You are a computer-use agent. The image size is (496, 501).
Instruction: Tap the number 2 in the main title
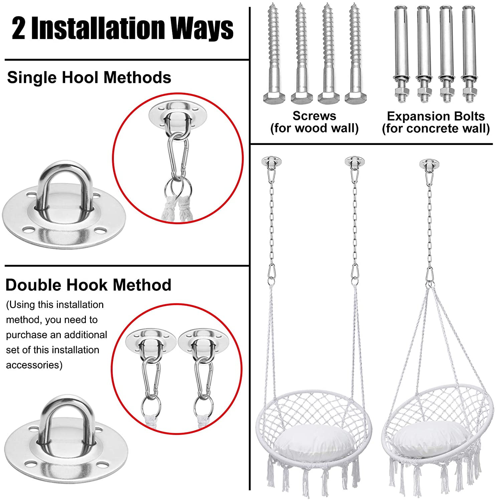(18, 29)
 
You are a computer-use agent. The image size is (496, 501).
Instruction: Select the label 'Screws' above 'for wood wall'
(314, 116)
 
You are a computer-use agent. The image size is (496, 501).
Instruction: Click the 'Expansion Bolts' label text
(436, 116)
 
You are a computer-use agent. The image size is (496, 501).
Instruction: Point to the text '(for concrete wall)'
(436, 129)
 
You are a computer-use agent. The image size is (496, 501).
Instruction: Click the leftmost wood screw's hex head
(275, 98)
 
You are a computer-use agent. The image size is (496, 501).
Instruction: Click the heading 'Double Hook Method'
(89, 285)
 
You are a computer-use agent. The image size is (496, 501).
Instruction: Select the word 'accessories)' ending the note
(34, 365)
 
